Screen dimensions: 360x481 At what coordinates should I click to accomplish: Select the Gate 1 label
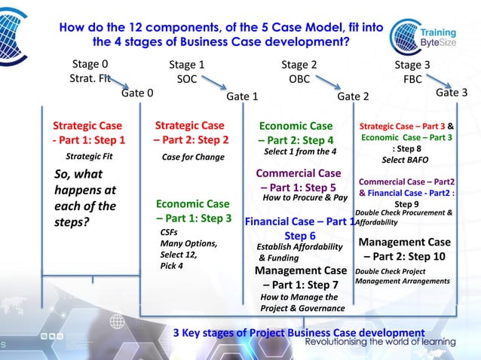pyautogui.click(x=243, y=96)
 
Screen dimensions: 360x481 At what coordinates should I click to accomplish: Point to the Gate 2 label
pyautogui.click(x=353, y=96)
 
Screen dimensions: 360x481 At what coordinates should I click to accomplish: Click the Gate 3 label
pyautogui.click(x=452, y=93)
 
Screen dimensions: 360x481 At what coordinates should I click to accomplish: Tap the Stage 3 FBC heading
pyautogui.click(x=412, y=72)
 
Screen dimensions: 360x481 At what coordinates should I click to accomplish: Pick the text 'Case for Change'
pyautogui.click(x=193, y=158)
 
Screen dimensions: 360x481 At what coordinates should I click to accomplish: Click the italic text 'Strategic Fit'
pyautogui.click(x=89, y=157)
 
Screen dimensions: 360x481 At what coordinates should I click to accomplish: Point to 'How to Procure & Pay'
pyautogui.click(x=304, y=198)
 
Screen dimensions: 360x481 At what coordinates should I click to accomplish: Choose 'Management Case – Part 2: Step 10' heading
pyautogui.click(x=404, y=249)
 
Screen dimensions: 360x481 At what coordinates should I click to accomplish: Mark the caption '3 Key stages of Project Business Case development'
pyautogui.click(x=299, y=333)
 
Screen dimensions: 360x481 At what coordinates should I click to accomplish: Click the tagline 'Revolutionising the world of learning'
pyautogui.click(x=384, y=343)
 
